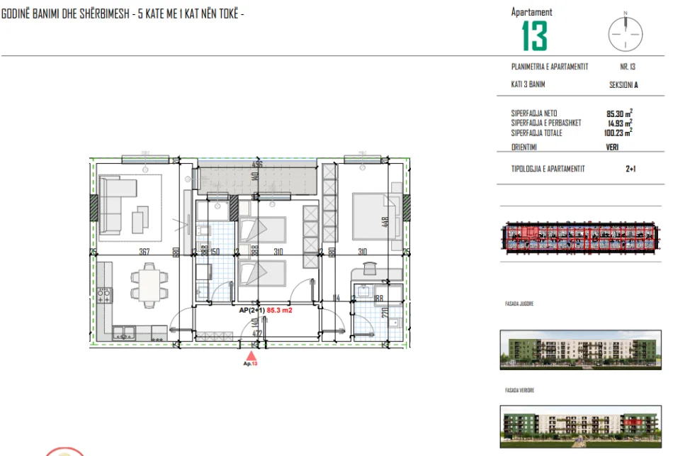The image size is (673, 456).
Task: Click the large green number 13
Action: [x=535, y=35]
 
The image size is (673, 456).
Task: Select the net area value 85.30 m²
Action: [x=619, y=113]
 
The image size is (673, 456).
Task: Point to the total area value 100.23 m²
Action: [x=618, y=132]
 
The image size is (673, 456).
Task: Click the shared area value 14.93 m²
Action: [x=619, y=123]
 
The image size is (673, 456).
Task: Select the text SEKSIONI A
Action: [x=623, y=84]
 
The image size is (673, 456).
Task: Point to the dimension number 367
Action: [x=144, y=252]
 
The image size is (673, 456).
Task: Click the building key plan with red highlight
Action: [x=579, y=238]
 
